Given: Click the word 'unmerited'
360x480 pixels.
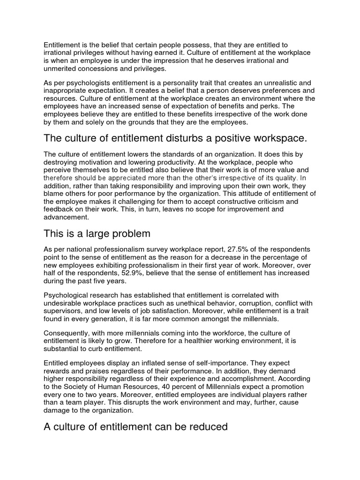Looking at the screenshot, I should click(61, 68).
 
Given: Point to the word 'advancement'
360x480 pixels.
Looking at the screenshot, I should click(66, 217).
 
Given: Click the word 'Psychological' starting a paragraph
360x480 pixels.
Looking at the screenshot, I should click(67, 295).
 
